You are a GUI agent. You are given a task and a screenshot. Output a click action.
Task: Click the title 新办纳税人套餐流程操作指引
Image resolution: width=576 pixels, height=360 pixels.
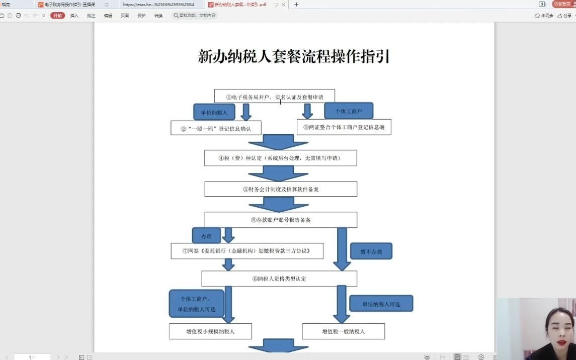(294, 56)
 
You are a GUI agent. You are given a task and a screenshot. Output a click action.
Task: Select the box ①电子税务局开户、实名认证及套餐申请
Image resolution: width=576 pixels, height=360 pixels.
(274, 96)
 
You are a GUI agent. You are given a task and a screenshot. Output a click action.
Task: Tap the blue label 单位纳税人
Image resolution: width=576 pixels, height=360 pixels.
(214, 112)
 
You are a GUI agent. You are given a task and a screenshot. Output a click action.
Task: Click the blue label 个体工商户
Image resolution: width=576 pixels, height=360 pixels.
(348, 111)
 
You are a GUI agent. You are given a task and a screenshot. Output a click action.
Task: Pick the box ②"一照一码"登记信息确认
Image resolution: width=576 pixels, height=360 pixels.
(216, 128)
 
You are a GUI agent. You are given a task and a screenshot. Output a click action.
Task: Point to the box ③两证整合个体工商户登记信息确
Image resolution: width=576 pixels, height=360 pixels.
(344, 127)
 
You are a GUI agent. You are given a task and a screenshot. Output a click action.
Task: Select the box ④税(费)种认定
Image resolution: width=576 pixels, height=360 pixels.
(280, 158)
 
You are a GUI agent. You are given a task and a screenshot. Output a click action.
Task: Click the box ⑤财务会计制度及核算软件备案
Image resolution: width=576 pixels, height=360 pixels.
(280, 189)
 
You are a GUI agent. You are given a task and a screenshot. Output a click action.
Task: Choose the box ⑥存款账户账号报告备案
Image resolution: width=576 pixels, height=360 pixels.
(280, 220)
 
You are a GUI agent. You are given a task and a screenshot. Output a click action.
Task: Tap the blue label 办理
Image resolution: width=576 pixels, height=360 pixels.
(206, 236)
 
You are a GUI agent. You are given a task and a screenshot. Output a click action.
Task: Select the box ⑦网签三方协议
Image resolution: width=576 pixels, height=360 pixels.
(246, 251)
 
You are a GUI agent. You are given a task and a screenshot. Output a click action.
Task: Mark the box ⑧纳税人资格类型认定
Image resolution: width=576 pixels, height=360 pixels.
(279, 279)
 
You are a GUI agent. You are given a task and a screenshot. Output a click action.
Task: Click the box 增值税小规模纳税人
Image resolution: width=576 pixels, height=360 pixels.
(211, 331)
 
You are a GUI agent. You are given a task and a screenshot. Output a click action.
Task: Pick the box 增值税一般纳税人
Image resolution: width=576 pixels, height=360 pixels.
(343, 331)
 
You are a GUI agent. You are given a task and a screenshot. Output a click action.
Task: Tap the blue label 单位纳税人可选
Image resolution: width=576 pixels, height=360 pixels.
(381, 304)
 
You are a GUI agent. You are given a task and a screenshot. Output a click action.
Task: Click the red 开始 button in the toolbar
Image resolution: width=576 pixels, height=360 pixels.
(57, 16)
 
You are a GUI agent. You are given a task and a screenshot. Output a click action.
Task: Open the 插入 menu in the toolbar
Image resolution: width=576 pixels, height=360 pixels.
(74, 16)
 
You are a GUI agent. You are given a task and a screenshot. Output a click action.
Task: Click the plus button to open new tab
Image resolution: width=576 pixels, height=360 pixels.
(296, 5)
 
